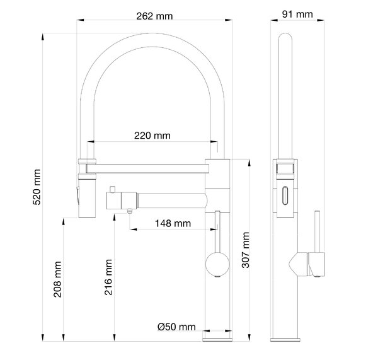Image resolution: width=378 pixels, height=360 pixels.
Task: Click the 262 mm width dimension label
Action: pos(154,16)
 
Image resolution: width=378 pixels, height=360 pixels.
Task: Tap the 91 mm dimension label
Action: pos(297,15)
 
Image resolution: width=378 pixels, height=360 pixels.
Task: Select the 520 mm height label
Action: pos(37,187)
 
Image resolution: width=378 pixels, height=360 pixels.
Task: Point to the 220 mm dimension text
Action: pos(152,136)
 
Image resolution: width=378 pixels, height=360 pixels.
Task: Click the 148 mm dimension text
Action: pos(173,223)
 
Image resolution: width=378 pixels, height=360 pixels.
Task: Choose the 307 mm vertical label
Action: pos(246,250)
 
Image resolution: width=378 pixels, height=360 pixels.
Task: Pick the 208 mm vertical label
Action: pos(57,279)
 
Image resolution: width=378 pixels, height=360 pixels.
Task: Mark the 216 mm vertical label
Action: pos(108,277)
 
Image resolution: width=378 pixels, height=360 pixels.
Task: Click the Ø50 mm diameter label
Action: pos(176,327)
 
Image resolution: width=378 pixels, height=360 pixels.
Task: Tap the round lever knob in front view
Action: pos(217,264)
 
